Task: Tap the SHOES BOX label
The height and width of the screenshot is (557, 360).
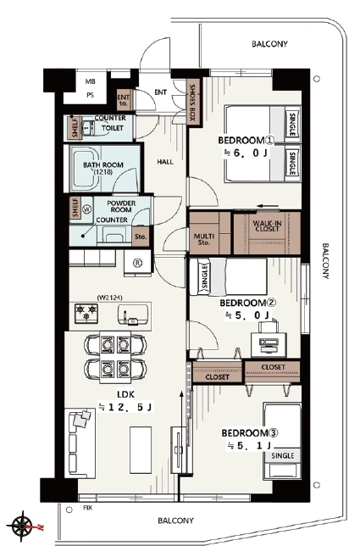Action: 193,102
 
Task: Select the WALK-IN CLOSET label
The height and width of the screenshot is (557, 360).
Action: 267,226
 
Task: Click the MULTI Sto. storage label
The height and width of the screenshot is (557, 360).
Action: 204,239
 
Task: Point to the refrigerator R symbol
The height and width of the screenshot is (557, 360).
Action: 137,263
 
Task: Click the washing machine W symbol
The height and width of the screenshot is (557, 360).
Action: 86,209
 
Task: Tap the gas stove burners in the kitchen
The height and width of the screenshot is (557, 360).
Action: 86,313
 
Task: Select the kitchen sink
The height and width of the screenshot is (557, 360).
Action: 132,315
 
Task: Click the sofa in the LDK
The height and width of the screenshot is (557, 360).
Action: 80,443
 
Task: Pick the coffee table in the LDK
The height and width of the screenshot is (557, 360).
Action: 141,449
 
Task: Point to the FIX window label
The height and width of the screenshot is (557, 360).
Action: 87,508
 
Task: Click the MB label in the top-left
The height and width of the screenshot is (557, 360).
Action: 90,81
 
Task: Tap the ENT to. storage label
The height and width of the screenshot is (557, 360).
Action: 124,100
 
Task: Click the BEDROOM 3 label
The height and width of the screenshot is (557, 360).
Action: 250,433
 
